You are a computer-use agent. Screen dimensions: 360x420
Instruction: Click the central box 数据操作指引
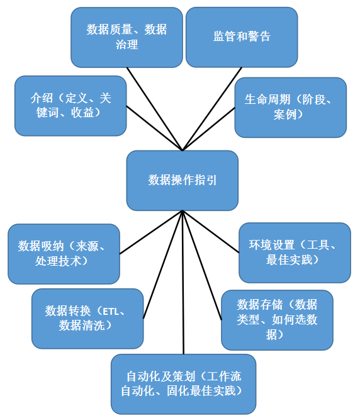183,180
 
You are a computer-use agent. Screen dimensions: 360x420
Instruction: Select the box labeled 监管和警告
242,37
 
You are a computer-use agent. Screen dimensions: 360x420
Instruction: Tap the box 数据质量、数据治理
127,37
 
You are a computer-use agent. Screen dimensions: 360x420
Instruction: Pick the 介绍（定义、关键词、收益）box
70,106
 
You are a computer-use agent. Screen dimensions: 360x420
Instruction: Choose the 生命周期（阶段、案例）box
290,108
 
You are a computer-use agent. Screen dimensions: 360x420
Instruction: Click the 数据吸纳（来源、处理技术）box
64,254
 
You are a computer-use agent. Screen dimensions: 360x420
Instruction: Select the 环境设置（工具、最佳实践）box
295,253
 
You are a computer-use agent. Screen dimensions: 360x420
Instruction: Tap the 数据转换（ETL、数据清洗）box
87,319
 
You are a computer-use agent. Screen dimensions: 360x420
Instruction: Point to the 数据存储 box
277,320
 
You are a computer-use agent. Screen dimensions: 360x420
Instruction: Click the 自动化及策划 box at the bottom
183,384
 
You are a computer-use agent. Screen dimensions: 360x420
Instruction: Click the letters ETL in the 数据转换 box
110,312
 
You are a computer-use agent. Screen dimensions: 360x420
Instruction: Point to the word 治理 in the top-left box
127,45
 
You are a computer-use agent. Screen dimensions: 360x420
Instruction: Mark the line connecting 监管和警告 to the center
212,109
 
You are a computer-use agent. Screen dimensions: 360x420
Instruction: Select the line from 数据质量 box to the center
154,109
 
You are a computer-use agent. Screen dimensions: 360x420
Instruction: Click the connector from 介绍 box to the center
154,128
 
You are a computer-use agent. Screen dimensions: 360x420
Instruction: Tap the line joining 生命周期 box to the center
208,129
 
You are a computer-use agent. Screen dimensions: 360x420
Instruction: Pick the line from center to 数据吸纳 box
150,232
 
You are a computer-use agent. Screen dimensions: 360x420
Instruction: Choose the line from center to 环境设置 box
211,232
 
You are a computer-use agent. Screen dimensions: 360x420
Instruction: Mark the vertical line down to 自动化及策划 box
183,282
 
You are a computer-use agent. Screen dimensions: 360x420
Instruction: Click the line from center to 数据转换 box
163,264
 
